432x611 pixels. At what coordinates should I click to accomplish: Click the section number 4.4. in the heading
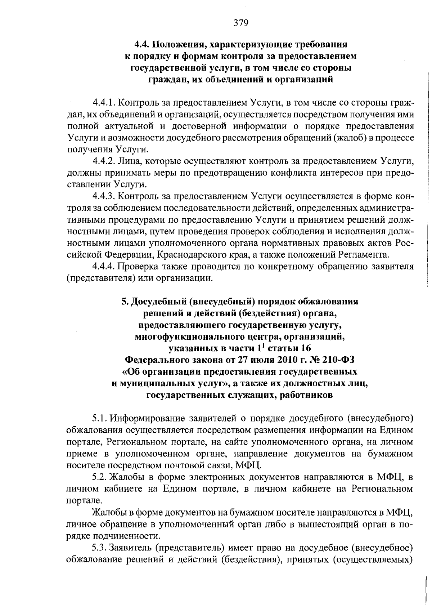pyautogui.click(x=142, y=45)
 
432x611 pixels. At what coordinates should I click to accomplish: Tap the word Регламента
pyautogui.click(x=364, y=255)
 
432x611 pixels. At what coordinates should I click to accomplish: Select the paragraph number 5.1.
pyautogui.click(x=99, y=418)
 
